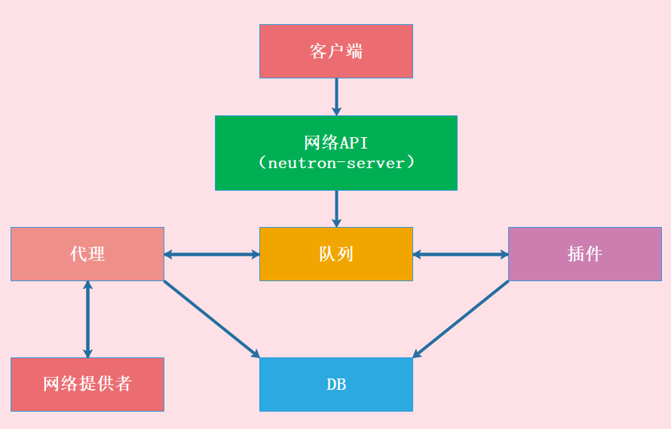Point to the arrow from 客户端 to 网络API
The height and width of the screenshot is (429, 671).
coord(336,97)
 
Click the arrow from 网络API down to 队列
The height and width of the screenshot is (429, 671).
coord(336,208)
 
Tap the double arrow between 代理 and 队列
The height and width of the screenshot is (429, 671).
coord(212,254)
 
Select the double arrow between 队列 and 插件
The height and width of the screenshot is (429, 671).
coord(461,254)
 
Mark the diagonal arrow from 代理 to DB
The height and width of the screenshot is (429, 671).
coord(212,319)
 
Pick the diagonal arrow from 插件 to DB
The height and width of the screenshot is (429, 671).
coord(461,319)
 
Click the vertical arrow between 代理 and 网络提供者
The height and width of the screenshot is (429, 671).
coord(87,319)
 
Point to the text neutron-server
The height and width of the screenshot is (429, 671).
coord(336,163)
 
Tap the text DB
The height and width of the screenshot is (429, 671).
coord(336,385)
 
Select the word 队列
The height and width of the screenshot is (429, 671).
coord(336,254)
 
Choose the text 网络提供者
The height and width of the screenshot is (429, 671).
coord(87,384)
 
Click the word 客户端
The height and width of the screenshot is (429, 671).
coord(336,51)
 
